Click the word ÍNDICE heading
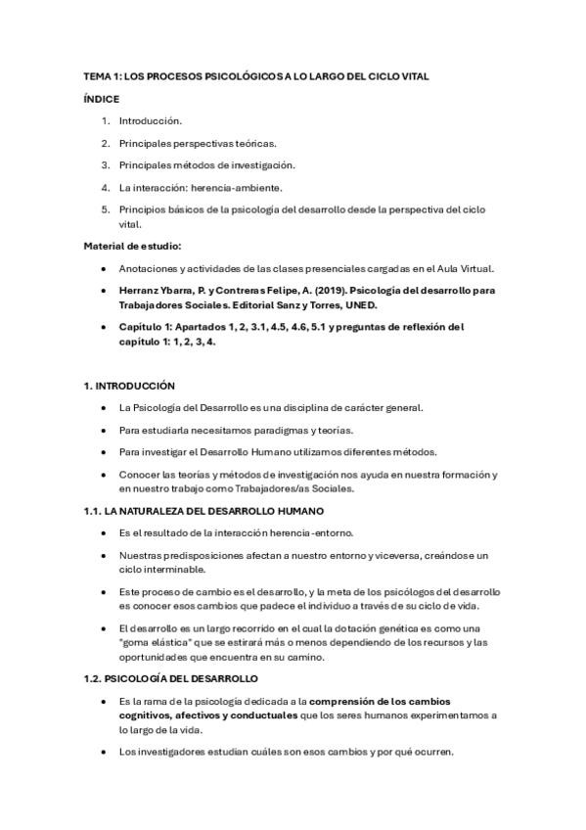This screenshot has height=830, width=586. [x=102, y=99]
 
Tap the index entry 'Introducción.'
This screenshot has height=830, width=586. [x=150, y=121]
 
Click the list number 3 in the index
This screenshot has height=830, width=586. [x=105, y=164]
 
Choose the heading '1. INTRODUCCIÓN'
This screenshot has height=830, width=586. [x=129, y=386]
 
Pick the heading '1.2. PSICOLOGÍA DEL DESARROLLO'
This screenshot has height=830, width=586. [x=170, y=678]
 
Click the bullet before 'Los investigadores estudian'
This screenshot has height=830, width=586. [x=104, y=752]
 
